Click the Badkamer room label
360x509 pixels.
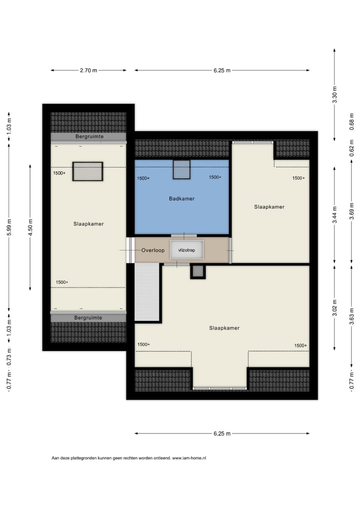(181, 198)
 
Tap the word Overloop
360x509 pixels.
(152, 250)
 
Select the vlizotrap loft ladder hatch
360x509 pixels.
(186, 250)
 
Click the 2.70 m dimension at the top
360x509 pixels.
(88, 70)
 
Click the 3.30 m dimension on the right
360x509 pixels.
(334, 94)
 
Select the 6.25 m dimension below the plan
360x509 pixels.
(221, 433)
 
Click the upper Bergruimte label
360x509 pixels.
(88, 136)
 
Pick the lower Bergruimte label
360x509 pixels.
(88, 317)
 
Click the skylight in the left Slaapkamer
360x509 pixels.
(87, 171)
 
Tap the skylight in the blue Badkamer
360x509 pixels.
(181, 169)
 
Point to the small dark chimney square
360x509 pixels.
(198, 271)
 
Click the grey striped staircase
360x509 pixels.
(147, 292)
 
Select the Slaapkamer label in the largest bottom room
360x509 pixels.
(224, 328)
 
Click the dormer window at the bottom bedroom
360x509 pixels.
(220, 387)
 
